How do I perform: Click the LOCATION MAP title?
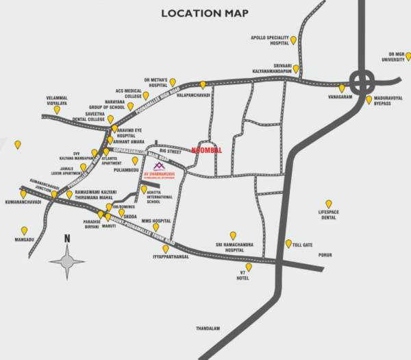click(205, 13)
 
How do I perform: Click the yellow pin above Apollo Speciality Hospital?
click(293, 40)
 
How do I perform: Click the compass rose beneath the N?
click(67, 259)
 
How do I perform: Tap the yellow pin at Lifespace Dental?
click(329, 204)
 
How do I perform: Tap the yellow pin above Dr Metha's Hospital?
click(173, 82)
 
